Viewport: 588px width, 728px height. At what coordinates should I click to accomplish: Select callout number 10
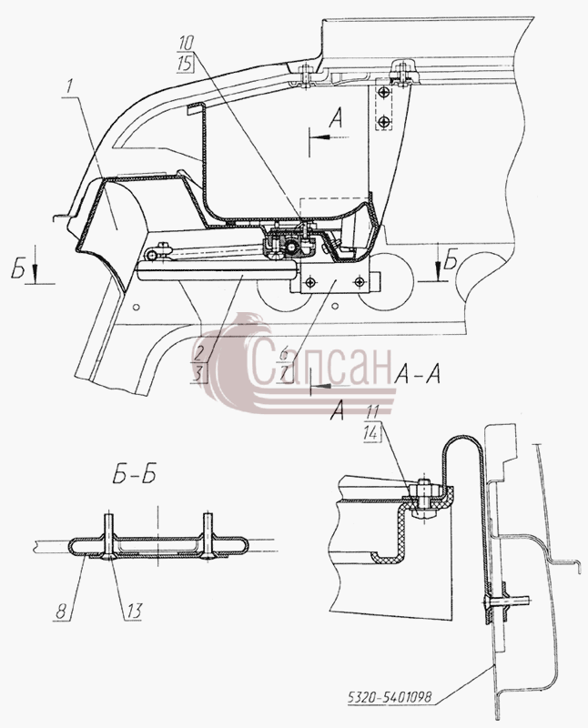tap(186, 44)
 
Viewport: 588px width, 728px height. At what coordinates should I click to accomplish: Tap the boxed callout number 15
tap(186, 63)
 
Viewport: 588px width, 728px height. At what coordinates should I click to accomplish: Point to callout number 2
tap(198, 355)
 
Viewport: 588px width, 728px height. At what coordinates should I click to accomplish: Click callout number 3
tap(198, 374)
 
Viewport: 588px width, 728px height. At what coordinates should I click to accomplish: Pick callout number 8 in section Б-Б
tap(61, 611)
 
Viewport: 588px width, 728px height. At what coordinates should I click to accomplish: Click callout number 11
tap(372, 412)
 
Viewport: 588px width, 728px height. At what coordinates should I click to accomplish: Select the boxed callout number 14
tap(372, 432)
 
